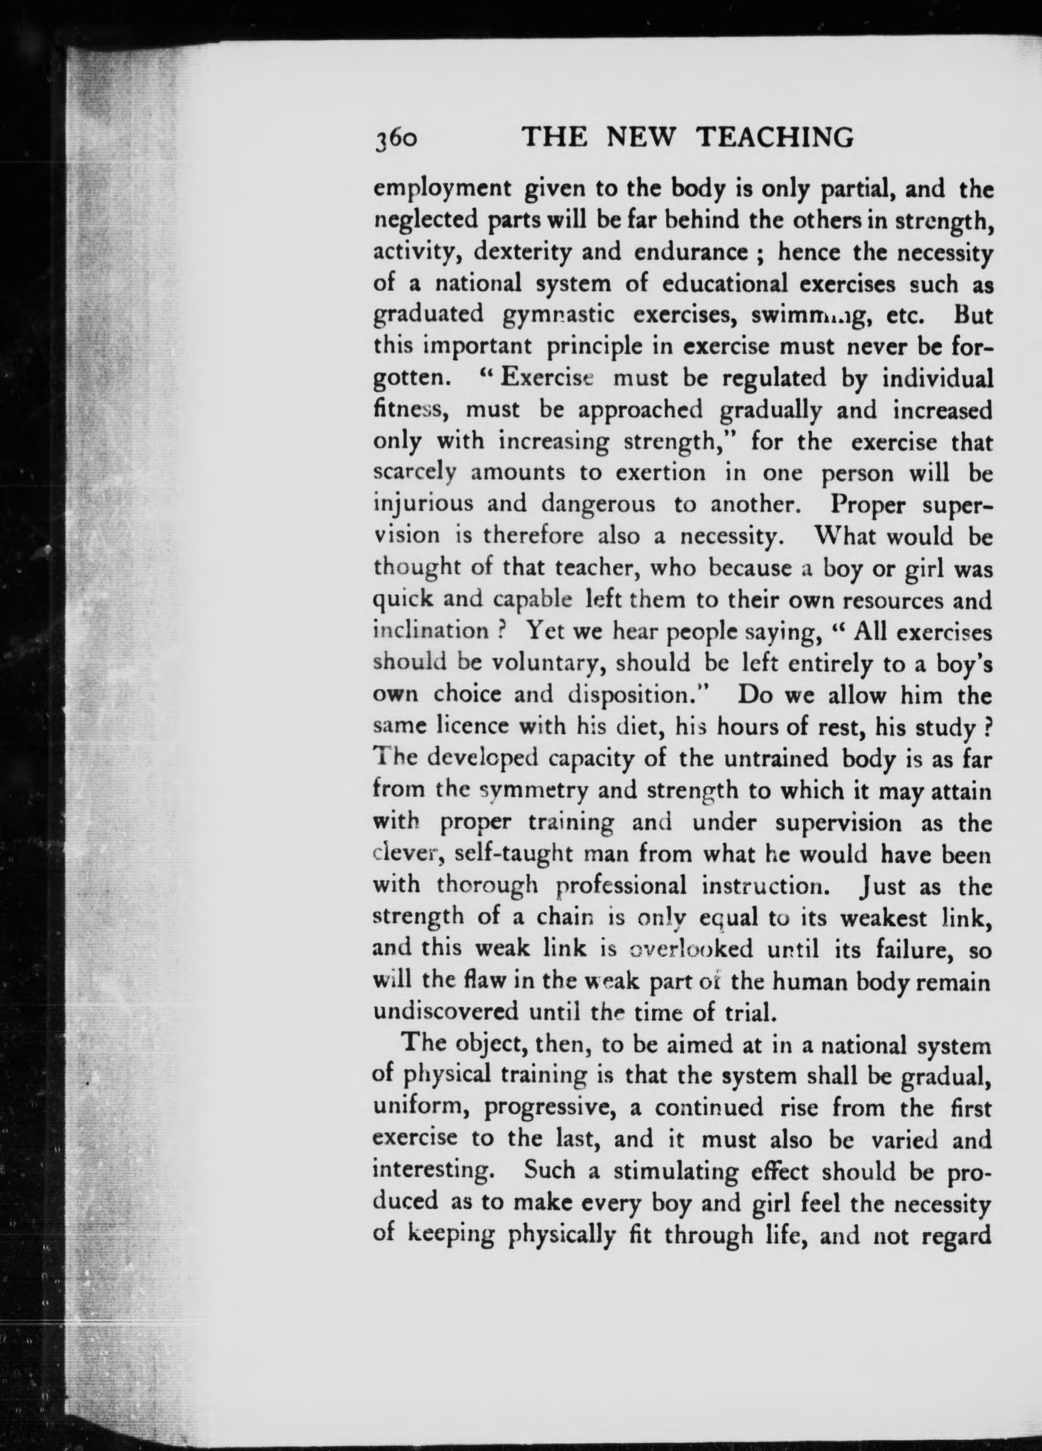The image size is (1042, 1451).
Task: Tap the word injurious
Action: tap(423, 505)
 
